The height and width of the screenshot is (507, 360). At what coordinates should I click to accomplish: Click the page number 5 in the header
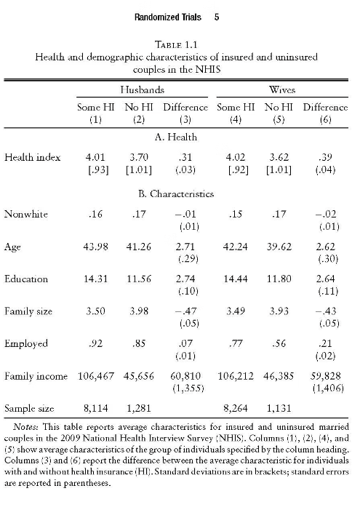tap(217, 17)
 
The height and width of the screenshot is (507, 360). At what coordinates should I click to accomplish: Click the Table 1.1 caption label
tap(176, 44)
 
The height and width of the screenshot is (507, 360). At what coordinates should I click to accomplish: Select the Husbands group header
tap(143, 89)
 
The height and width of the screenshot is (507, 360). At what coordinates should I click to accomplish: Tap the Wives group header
tap(282, 89)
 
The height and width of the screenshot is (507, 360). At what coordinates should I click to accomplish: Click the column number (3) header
tap(185, 120)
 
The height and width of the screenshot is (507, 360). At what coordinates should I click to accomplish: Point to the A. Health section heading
tap(176, 137)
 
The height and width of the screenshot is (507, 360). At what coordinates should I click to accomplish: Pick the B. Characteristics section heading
tap(176, 194)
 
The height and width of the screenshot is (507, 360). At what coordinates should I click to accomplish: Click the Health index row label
tap(32, 157)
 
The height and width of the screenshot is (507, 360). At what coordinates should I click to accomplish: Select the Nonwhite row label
tap(26, 215)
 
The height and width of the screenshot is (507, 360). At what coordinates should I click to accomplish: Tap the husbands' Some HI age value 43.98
tap(96, 247)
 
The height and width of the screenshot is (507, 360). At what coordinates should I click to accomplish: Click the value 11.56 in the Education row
tap(139, 279)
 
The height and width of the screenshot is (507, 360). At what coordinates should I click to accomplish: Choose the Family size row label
tap(28, 311)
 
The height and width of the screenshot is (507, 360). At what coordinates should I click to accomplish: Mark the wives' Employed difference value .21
tap(325, 343)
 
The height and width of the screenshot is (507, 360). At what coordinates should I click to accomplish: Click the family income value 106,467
tap(96, 376)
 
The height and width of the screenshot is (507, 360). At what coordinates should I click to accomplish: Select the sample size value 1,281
tap(139, 408)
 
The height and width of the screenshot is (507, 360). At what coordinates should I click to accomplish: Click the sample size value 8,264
tap(236, 408)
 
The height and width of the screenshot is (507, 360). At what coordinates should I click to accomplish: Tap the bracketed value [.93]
tap(98, 170)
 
